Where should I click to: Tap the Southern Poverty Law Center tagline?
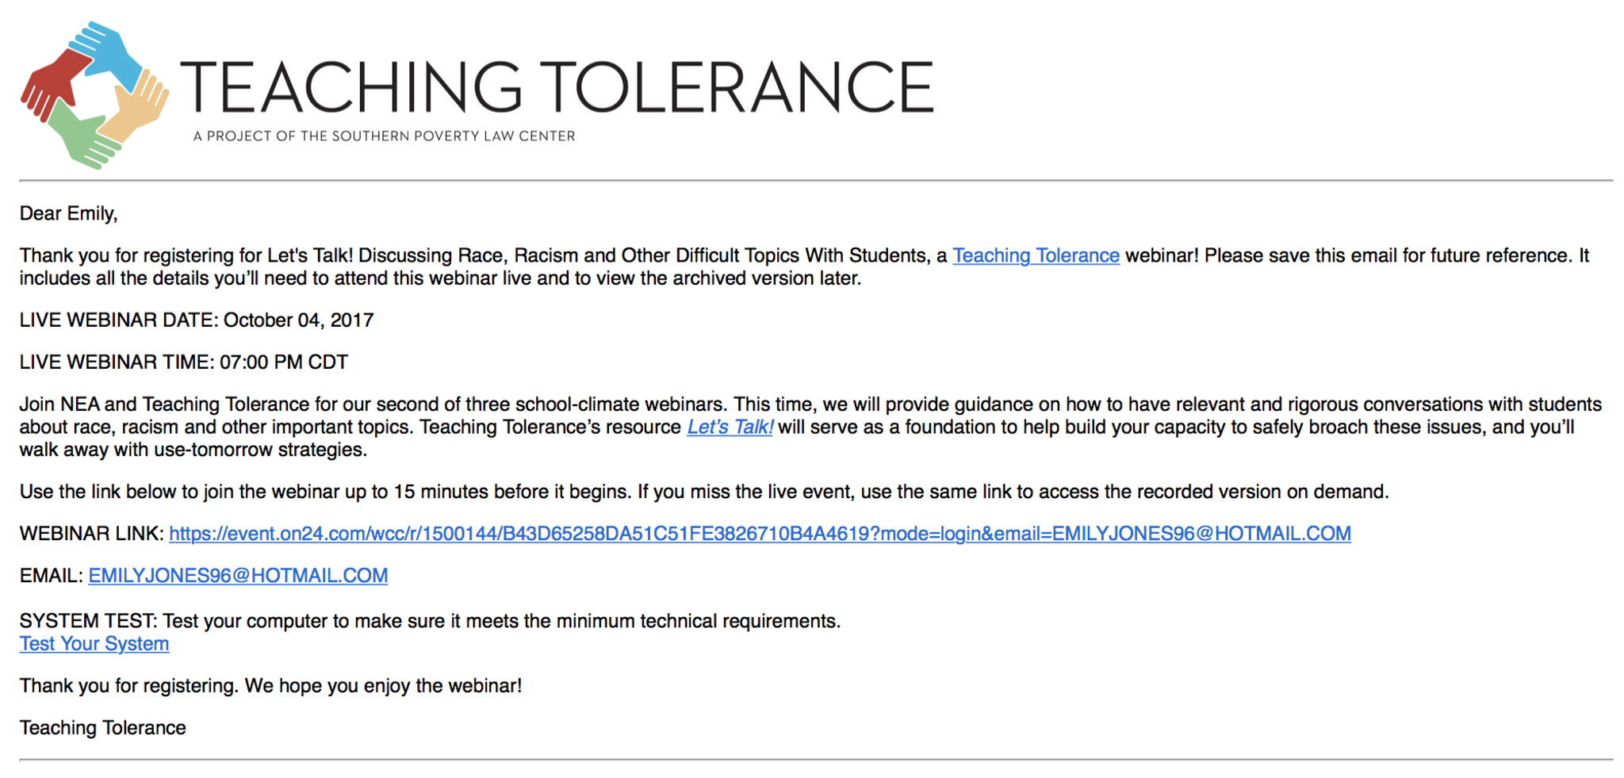[385, 136]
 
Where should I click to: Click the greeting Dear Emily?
[68, 213]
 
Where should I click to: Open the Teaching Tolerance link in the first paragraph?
[1036, 255]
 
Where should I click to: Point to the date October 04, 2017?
[298, 320]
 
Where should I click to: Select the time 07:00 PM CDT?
[284, 362]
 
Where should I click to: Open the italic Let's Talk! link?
[730, 427]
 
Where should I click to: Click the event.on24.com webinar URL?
[760, 534]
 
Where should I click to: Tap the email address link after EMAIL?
[238, 576]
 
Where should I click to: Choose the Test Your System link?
[94, 644]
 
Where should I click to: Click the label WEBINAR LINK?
[91, 534]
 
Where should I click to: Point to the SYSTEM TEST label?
[88, 621]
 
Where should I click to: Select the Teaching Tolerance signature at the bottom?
[103, 728]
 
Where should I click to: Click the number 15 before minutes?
[404, 492]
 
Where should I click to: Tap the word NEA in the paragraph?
[80, 404]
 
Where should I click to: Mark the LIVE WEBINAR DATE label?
[118, 320]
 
